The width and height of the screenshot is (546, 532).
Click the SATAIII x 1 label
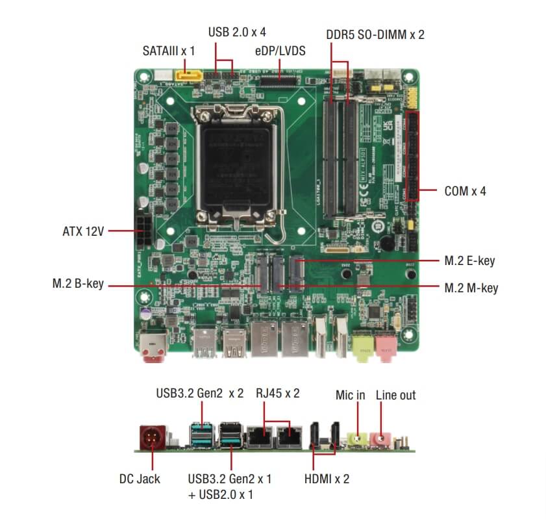tap(168, 50)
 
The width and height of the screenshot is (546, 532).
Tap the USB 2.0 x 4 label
tap(237, 31)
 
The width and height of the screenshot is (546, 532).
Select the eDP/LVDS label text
tap(280, 50)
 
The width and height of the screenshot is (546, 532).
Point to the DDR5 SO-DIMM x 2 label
tap(375, 34)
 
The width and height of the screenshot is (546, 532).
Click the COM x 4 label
tap(465, 191)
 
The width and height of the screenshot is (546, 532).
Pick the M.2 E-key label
tap(469, 260)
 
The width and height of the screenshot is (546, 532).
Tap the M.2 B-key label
tap(78, 284)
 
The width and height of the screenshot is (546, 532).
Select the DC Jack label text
tap(140, 479)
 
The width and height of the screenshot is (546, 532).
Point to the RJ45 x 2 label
tap(278, 394)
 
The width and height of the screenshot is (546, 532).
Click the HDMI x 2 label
tap(327, 479)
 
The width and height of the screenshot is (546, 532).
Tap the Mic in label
tap(350, 394)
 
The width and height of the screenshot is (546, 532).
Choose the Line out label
tap(395, 394)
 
